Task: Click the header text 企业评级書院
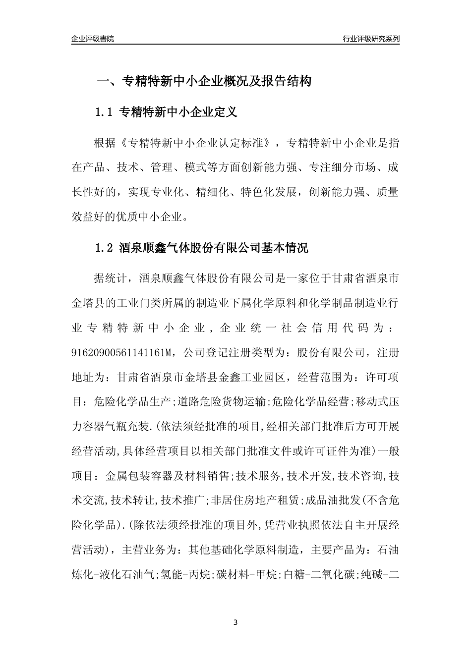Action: [93, 39]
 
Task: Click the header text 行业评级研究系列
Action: [371, 39]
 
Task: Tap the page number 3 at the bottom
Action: [235, 622]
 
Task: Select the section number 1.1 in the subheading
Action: [105, 112]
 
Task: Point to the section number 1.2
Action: [105, 248]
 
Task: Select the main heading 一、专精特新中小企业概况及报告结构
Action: [203, 81]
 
